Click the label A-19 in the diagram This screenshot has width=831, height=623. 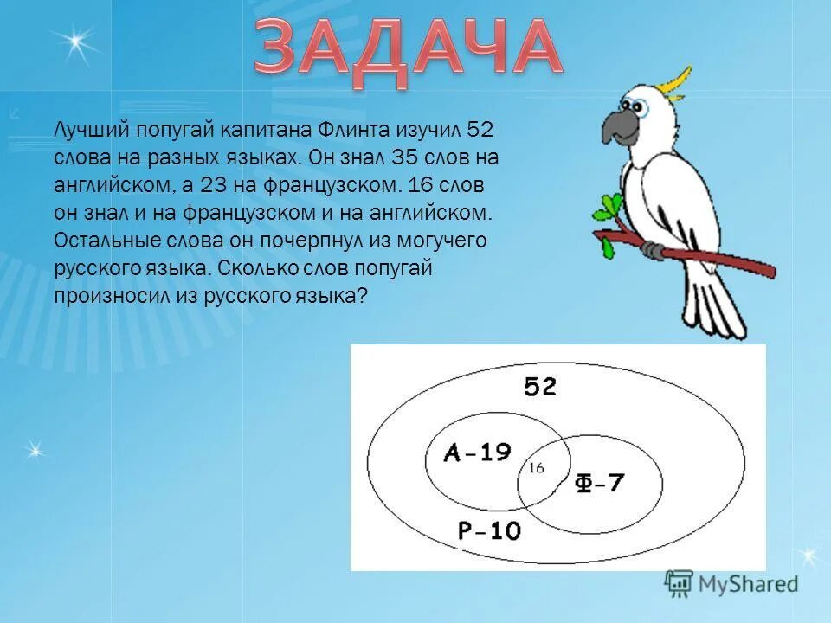pos(478,453)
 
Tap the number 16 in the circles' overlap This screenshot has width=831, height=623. pos(536,468)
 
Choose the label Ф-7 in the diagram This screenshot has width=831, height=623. pos(600,483)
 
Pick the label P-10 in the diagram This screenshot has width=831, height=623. pos(489,530)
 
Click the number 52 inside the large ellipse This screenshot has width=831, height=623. pos(539,387)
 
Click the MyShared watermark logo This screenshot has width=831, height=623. pos(731,583)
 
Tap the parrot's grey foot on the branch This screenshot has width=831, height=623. pos(655,250)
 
